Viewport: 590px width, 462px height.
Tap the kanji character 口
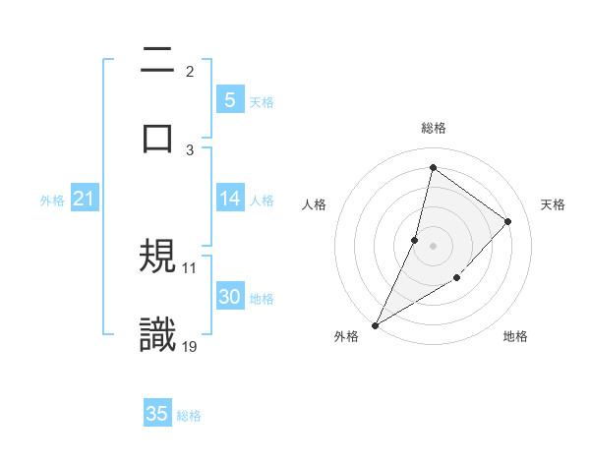pyautogui.click(x=158, y=138)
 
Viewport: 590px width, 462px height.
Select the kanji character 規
pyautogui.click(x=158, y=258)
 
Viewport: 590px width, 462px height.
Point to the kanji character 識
pyautogui.click(x=158, y=334)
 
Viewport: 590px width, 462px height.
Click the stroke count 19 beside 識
pyautogui.click(x=190, y=345)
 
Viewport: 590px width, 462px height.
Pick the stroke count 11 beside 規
pyautogui.click(x=190, y=267)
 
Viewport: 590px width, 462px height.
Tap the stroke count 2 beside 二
pyautogui.click(x=190, y=71)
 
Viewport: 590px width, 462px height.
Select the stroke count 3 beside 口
pyautogui.click(x=190, y=148)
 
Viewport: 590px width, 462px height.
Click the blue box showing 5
pyautogui.click(x=229, y=100)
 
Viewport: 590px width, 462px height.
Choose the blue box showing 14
pyautogui.click(x=229, y=199)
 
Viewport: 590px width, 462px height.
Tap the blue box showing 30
pyautogui.click(x=229, y=297)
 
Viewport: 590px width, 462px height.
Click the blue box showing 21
pyautogui.click(x=84, y=199)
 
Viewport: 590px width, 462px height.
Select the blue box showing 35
pyautogui.click(x=157, y=414)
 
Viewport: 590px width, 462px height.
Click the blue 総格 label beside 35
pyautogui.click(x=189, y=416)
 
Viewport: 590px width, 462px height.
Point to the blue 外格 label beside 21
pyautogui.click(x=52, y=201)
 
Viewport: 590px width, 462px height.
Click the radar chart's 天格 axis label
pyautogui.click(x=554, y=204)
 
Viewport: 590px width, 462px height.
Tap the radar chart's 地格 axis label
pyautogui.click(x=515, y=337)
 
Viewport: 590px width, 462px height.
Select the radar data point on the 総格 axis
pyautogui.click(x=433, y=167)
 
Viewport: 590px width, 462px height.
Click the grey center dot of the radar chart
pyautogui.click(x=433, y=246)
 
